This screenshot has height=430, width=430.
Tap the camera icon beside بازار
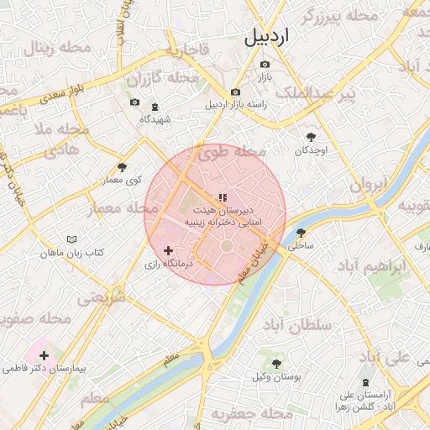pos(265,64)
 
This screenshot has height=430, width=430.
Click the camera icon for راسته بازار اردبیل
pos(235,92)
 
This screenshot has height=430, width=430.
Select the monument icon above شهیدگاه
pos(155,106)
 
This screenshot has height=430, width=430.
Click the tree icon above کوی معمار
pos(123,166)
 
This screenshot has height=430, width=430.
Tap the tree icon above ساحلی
pos(301,233)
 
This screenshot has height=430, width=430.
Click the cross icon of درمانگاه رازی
pos(169,250)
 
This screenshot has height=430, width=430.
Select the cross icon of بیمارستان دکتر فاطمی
pos(44,355)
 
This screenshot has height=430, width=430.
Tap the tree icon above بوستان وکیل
pos(276,363)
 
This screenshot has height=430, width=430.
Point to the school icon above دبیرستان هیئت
pos(222,197)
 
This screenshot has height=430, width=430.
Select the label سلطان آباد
pos(297,324)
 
